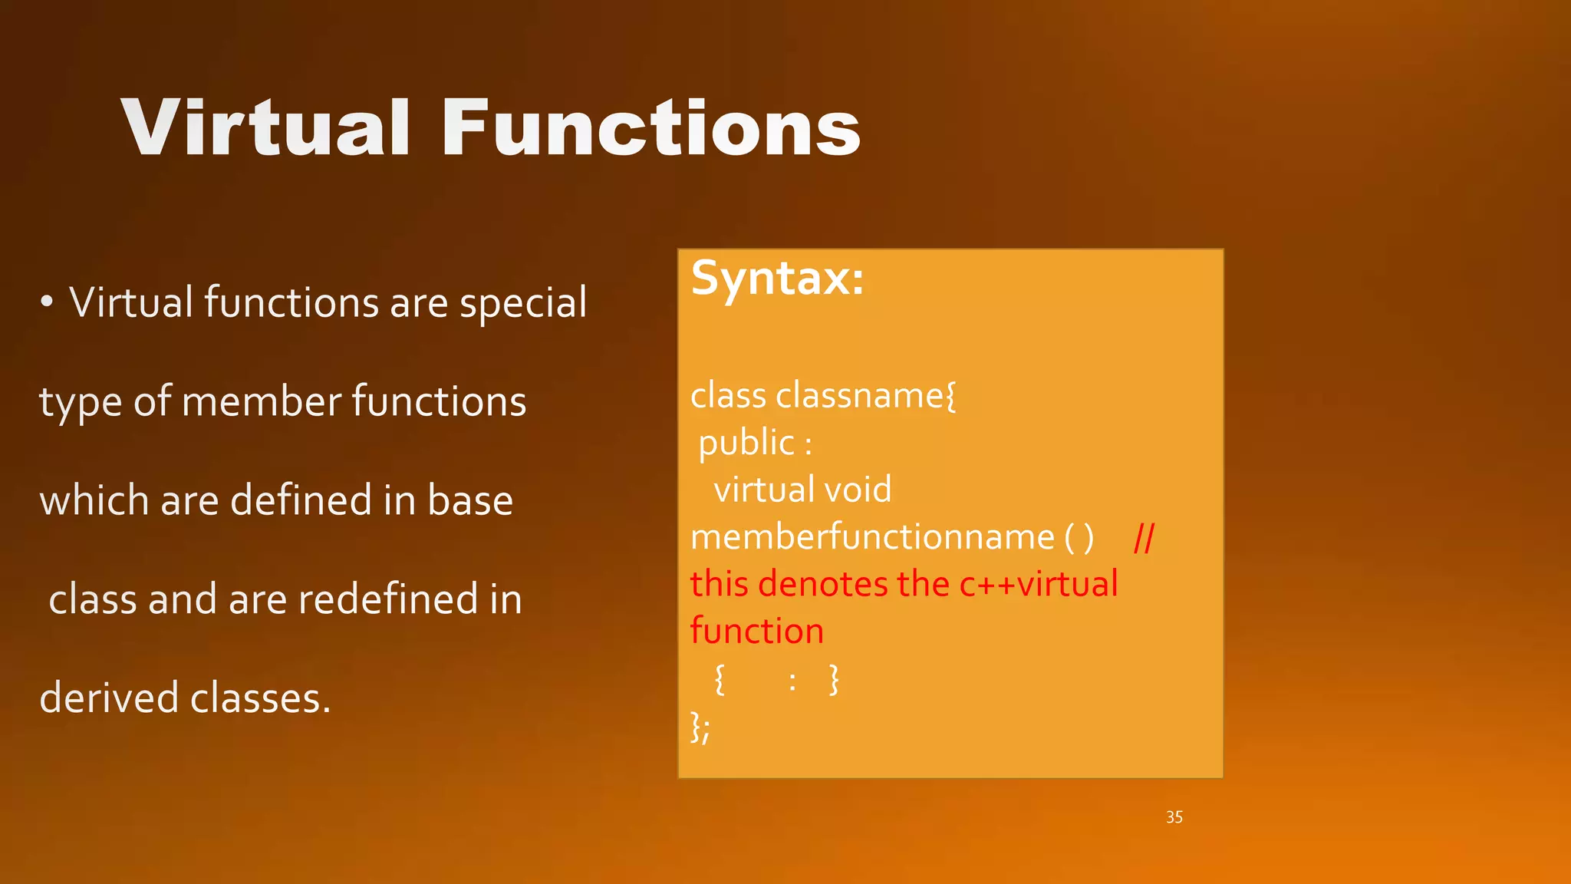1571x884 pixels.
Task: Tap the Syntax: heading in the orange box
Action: tap(777, 278)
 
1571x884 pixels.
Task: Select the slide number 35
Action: tap(1174, 817)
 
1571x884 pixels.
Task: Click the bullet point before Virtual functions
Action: tap(47, 303)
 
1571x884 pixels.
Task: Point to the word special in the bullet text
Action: tap(523, 303)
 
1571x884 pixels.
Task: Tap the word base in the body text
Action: tap(469, 500)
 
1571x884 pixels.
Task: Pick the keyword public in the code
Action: tap(746, 444)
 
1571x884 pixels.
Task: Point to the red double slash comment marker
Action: tap(1144, 539)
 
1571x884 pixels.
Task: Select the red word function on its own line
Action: tap(756, 632)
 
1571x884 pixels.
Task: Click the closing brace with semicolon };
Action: tap(700, 727)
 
